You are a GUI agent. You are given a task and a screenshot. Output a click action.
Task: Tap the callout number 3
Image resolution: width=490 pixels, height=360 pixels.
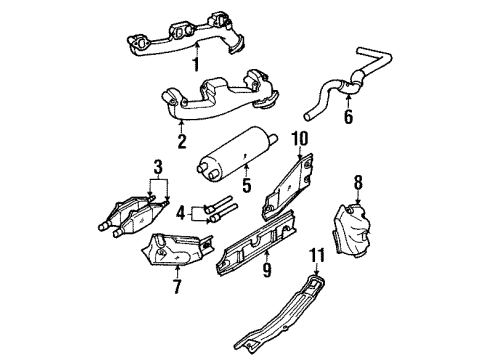point(158,164)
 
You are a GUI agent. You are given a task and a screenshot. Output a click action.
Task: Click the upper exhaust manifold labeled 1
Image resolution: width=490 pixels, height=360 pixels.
point(190,37)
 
